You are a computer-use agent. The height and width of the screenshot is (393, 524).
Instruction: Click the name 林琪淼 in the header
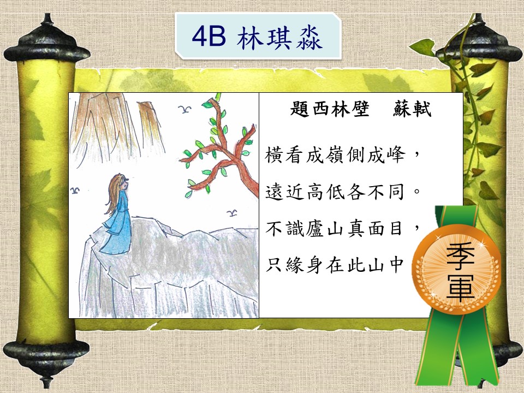click(x=279, y=38)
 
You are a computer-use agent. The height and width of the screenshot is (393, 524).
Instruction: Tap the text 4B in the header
click(x=209, y=37)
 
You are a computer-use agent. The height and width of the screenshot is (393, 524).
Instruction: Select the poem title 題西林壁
click(x=330, y=108)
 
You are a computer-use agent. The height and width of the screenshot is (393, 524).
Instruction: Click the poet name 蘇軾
click(x=412, y=108)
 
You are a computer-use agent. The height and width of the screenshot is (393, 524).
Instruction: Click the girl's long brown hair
click(x=114, y=193)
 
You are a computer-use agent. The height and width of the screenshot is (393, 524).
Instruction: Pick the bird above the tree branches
click(x=184, y=109)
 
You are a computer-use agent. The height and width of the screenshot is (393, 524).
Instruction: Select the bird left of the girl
click(x=75, y=190)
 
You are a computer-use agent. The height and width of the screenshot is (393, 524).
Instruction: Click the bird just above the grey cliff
click(x=232, y=213)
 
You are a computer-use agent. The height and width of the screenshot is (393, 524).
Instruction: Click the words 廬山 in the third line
click(x=326, y=229)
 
